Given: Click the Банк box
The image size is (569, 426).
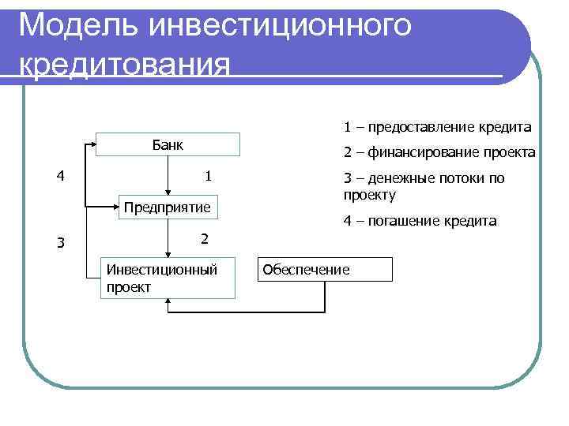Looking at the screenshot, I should (x=167, y=145).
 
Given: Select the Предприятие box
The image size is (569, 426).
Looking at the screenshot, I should (x=167, y=207).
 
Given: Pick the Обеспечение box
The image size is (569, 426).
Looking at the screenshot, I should (x=326, y=270).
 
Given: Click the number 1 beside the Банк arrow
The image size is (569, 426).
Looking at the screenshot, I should (x=207, y=175).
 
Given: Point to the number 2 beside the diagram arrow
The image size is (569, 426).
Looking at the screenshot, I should (x=204, y=238).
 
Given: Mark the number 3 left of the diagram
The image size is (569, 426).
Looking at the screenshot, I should (x=60, y=242).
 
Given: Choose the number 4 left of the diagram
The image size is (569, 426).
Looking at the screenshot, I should (x=60, y=175).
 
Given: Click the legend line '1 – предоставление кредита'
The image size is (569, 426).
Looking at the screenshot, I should (x=437, y=127).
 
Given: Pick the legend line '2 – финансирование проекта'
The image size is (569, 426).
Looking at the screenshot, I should (x=439, y=152).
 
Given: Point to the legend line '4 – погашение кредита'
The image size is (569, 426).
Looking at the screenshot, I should (x=420, y=221).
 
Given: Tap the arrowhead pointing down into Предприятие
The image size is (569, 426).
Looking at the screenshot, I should (x=168, y=190).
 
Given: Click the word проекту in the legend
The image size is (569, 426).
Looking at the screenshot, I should (x=369, y=194).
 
